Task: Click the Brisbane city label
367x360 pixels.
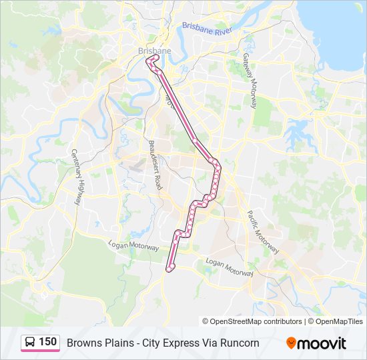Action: point(154,51)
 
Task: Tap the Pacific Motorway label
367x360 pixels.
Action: point(262,231)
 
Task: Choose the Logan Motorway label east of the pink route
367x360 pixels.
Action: point(230,267)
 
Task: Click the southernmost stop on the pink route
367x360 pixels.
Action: point(171,267)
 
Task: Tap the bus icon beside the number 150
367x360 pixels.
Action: point(30,343)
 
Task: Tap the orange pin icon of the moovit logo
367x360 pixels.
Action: point(291,343)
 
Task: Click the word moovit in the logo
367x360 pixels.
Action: point(322,343)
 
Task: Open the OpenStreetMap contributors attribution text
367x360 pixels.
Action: point(256,321)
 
